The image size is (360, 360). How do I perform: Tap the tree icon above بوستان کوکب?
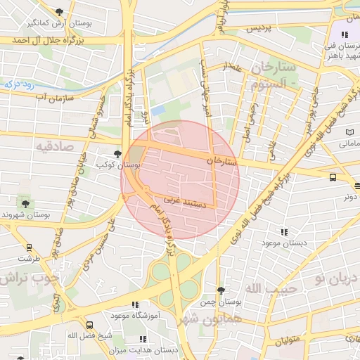click(x=117, y=153)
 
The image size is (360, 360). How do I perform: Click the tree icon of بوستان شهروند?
click(x=26, y=203)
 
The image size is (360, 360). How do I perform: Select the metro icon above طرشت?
click(x=30, y=247)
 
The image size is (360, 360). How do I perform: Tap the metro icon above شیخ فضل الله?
click(x=89, y=325)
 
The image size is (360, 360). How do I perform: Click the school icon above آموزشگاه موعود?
click(x=134, y=305)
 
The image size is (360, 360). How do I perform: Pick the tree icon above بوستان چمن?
click(x=221, y=290)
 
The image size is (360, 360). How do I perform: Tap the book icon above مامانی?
click(x=349, y=132)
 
